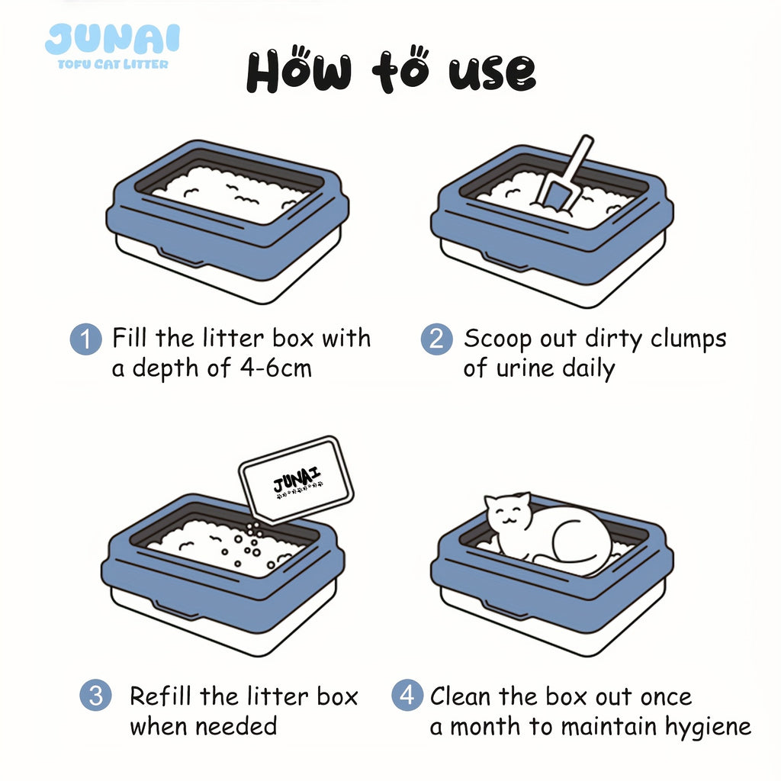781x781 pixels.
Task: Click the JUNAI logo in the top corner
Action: tap(112, 39)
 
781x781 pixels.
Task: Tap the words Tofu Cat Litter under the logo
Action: tap(113, 64)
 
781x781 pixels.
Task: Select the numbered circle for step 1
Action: tap(85, 339)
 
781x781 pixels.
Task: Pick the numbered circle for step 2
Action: tap(437, 339)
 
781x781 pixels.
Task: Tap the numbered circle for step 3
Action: tap(95, 696)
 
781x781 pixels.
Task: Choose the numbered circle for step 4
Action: tap(407, 695)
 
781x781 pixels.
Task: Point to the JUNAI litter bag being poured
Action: tap(296, 479)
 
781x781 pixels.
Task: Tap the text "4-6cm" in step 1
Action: tap(276, 368)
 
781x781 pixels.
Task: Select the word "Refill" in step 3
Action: tap(160, 696)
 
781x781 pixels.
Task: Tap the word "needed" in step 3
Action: tap(236, 726)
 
